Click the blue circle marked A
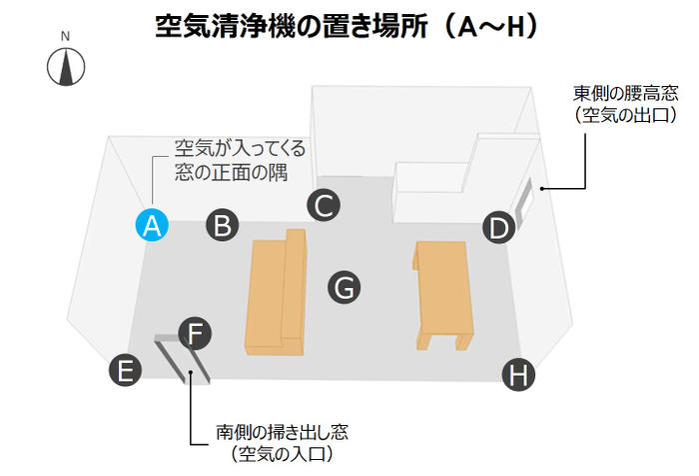click(x=152, y=225)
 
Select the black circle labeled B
click(x=222, y=225)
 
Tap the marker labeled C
click(x=324, y=205)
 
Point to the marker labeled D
click(x=499, y=227)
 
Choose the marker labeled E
click(x=125, y=370)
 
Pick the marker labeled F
click(x=195, y=334)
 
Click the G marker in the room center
click(x=345, y=288)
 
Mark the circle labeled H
click(x=518, y=375)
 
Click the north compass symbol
click(x=66, y=67)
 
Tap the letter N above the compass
click(x=66, y=36)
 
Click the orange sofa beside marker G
click(x=276, y=292)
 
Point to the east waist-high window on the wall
click(x=524, y=200)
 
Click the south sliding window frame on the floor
click(x=183, y=358)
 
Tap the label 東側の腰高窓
click(x=625, y=93)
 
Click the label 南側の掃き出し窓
click(x=282, y=432)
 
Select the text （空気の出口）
click(x=625, y=115)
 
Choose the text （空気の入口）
click(x=282, y=454)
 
